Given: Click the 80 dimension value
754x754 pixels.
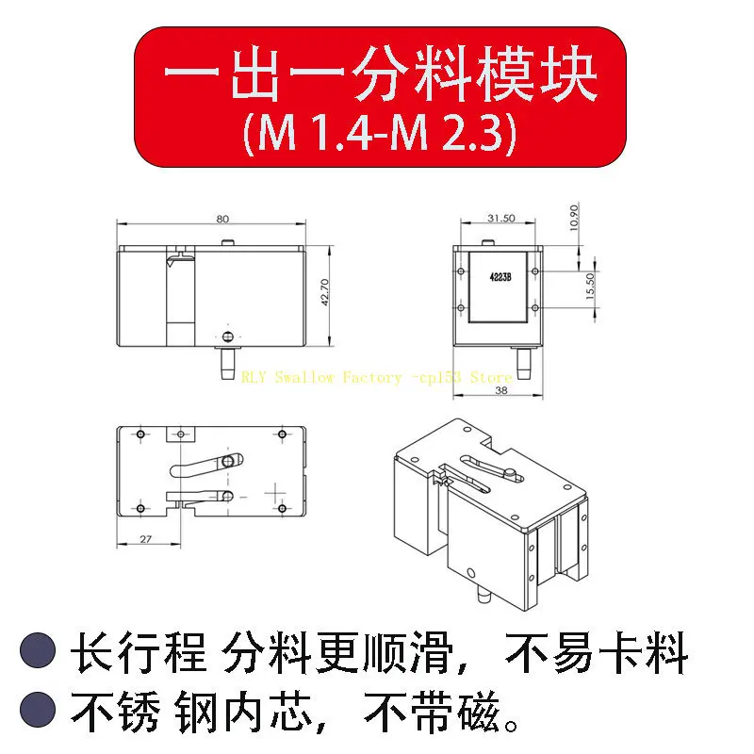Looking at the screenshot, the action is (x=222, y=219).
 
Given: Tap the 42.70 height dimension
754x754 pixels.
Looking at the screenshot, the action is (x=325, y=292).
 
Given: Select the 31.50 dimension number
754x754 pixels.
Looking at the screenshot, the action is (x=501, y=219).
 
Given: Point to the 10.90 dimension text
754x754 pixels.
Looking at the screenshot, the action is (x=574, y=218).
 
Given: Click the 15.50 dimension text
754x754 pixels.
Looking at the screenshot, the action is (x=591, y=287).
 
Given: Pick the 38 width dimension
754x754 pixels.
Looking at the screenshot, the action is (x=501, y=390).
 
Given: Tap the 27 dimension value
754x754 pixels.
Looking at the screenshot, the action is (x=146, y=539).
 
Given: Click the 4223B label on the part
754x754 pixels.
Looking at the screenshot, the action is (x=500, y=277).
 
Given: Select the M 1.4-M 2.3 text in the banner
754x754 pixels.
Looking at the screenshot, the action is (x=380, y=133).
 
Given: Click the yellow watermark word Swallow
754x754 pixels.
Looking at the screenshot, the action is (x=303, y=377).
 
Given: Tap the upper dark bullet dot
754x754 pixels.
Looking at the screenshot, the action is (x=38, y=650).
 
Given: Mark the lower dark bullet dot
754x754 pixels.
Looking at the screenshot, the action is (x=38, y=710).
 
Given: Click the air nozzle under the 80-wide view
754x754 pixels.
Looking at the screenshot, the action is (x=227, y=364).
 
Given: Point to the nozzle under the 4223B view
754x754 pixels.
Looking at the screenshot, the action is (x=523, y=364).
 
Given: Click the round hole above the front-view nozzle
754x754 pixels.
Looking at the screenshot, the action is (x=228, y=336).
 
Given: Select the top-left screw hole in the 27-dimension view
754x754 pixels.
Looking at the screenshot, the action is (x=140, y=434).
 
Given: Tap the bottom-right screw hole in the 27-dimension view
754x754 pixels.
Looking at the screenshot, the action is (x=282, y=508).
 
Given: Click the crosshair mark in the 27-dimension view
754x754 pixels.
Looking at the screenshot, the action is (x=275, y=493).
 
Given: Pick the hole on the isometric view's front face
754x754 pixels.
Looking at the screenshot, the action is (x=470, y=573).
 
